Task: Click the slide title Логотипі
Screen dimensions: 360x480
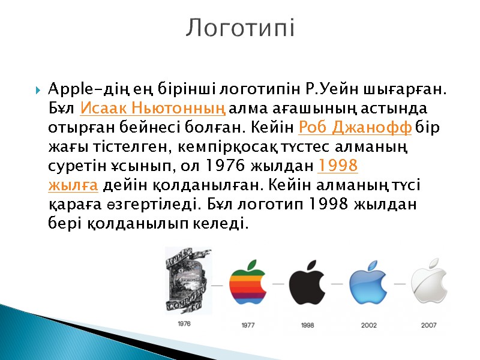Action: [240, 28]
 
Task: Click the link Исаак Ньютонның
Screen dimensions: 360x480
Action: [152, 110]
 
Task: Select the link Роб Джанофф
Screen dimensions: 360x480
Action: [355, 127]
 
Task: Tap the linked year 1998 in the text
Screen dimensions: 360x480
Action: [337, 166]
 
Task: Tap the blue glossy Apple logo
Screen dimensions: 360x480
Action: [368, 283]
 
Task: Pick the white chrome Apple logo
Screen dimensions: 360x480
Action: [430, 283]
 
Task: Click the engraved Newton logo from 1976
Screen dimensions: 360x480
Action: [185, 279]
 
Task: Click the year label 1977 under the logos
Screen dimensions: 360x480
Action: [248, 326]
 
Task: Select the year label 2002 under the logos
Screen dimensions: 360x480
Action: [368, 326]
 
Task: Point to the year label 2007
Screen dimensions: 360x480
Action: [428, 326]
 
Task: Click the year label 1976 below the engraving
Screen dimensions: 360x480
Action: [184, 323]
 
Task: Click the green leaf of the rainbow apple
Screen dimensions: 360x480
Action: [253, 265]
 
